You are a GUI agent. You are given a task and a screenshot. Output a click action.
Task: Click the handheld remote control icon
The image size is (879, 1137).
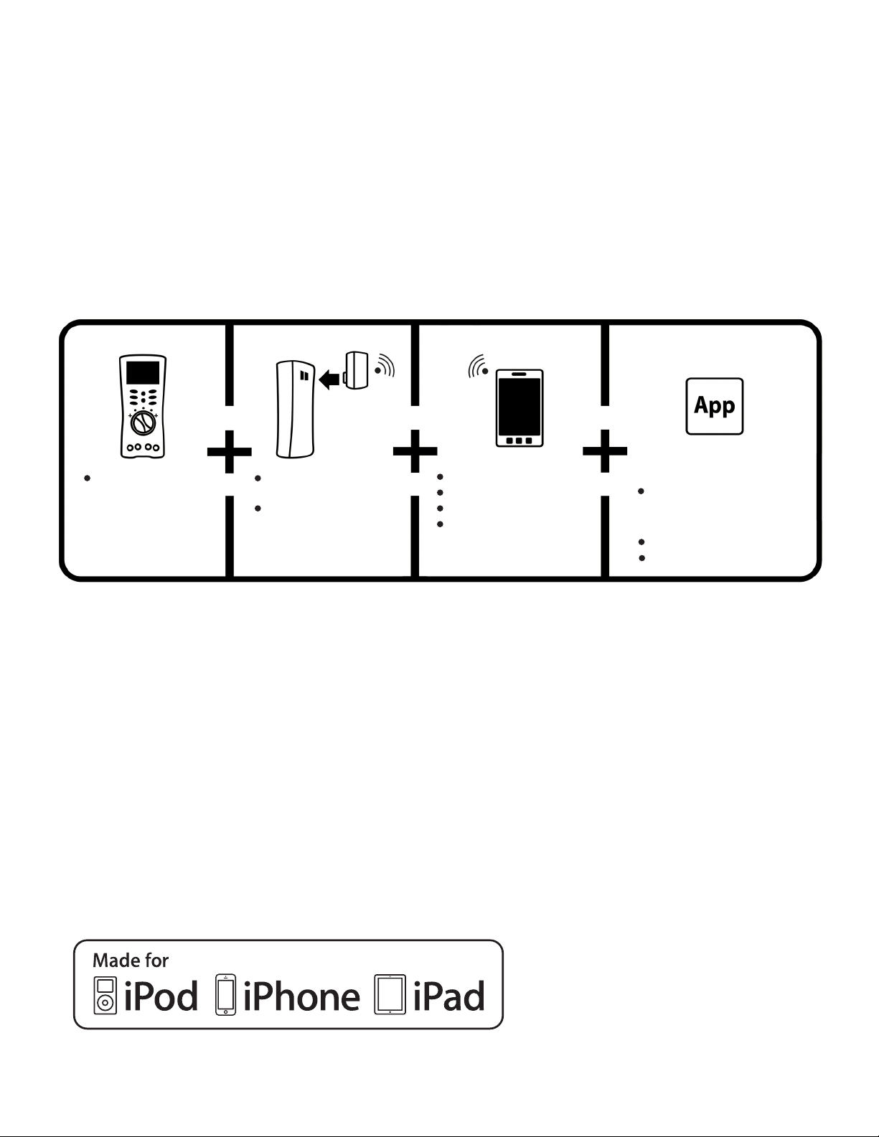tap(143, 405)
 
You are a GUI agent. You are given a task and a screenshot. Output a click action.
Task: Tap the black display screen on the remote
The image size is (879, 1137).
tap(143, 372)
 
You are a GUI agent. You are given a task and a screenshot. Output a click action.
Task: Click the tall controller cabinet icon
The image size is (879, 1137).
tap(295, 409)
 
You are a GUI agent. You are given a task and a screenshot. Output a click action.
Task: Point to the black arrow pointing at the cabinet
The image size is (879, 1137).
tap(329, 378)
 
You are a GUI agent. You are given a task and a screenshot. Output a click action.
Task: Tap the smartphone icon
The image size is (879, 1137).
tap(520, 408)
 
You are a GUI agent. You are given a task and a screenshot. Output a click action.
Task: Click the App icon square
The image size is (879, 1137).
tap(714, 406)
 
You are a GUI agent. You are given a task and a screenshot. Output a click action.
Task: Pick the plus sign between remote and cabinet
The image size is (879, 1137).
tap(230, 452)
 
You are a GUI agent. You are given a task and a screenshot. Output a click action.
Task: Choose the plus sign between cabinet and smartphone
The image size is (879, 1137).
tap(415, 452)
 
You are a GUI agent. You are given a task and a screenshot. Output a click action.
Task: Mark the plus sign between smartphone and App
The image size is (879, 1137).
tap(605, 452)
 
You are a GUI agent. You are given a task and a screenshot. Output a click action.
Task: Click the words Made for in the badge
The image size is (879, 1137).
tap(131, 960)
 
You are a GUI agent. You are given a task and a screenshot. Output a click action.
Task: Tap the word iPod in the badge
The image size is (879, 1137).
tap(161, 996)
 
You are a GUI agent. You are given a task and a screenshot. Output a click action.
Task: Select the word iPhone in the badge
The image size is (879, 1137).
tap(301, 996)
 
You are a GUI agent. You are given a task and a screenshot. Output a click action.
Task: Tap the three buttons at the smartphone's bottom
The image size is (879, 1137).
tap(519, 440)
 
